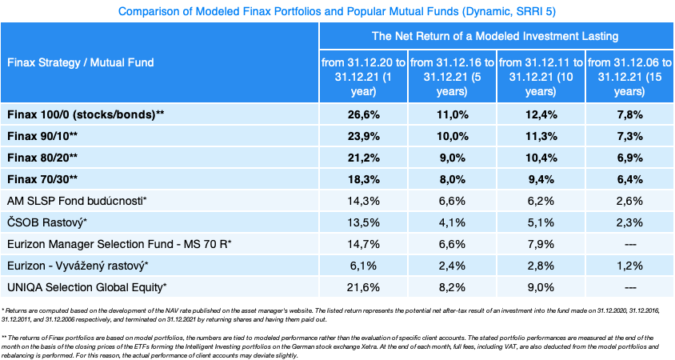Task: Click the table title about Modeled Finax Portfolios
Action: tap(337, 11)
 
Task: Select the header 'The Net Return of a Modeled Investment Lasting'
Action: tap(495, 36)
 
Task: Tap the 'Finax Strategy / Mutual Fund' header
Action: tap(80, 62)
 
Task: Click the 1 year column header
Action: tap(363, 77)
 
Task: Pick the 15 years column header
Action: tap(629, 77)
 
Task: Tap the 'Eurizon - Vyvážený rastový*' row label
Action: tap(78, 266)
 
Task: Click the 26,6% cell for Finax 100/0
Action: tap(363, 114)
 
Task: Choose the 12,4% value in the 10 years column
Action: tap(541, 114)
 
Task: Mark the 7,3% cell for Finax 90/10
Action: tap(629, 136)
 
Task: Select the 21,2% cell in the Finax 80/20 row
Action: tap(363, 158)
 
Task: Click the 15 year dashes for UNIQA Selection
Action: tap(629, 286)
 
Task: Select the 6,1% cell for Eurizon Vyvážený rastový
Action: tap(363, 266)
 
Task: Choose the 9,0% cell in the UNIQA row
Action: tap(541, 286)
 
